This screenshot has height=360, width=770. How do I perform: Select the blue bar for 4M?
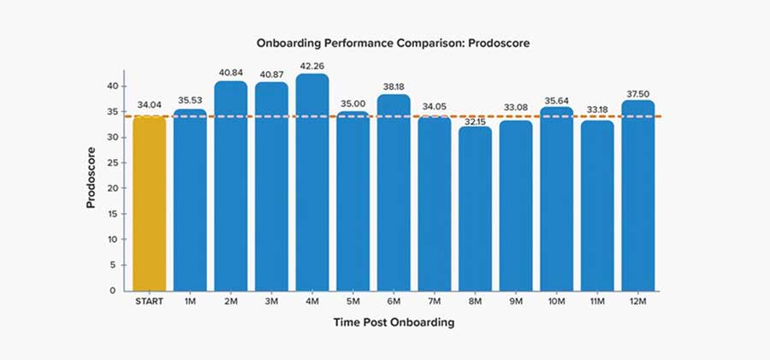[x=312, y=183]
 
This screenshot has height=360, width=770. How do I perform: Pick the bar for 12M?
[x=637, y=196]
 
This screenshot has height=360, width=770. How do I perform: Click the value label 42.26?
[x=312, y=66]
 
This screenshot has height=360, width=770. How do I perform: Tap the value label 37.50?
[x=637, y=92]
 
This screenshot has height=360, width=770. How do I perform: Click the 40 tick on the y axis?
[x=112, y=86]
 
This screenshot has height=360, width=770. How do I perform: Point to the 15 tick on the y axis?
[x=112, y=214]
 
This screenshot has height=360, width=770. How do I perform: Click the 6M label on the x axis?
[x=394, y=301]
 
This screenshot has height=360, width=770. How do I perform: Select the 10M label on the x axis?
[x=556, y=301]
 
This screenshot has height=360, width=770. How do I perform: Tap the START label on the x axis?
[x=149, y=301]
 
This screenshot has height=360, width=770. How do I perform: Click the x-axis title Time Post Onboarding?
[x=394, y=323]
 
